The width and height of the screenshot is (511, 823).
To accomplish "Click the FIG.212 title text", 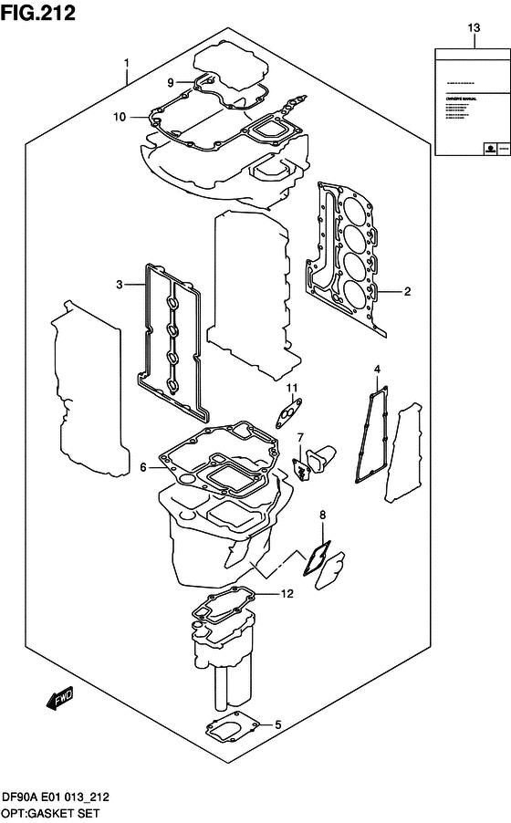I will (37, 12).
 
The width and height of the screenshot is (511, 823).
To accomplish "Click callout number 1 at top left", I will (127, 63).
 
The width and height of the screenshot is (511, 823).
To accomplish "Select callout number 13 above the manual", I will (473, 29).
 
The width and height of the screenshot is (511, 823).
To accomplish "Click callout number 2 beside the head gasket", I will (407, 292).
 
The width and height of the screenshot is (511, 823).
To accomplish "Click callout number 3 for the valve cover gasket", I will (119, 286).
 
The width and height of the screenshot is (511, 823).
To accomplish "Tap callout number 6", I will (143, 467).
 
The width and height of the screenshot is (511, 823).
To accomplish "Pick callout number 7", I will (300, 440).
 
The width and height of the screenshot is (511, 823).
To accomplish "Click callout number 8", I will (322, 516).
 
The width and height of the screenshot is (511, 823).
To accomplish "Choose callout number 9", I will (171, 82).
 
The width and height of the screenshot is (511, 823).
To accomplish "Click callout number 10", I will (118, 116).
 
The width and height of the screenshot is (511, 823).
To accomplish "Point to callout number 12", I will (286, 594).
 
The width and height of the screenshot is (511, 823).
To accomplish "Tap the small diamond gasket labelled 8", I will (318, 553).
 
